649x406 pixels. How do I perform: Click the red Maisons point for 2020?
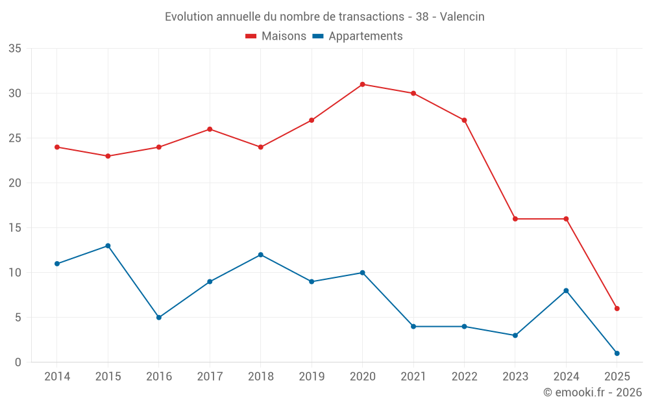click(x=362, y=84)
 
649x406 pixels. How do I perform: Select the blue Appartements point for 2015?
click(x=108, y=246)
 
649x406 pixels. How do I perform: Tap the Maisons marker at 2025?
click(x=617, y=309)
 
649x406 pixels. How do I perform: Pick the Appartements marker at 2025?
click(x=617, y=353)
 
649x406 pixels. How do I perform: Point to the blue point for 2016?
click(x=158, y=318)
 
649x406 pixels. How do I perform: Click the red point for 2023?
click(x=515, y=219)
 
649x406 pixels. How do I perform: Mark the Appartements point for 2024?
click(x=566, y=290)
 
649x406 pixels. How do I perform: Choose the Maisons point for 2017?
click(x=210, y=129)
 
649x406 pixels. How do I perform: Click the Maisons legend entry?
click(x=276, y=36)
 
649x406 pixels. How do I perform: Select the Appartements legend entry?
click(x=358, y=36)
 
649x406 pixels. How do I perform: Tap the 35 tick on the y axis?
click(x=15, y=49)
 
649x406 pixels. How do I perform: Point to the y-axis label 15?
click(x=15, y=228)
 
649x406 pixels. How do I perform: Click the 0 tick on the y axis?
click(x=18, y=362)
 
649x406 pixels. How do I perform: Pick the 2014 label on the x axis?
click(x=57, y=377)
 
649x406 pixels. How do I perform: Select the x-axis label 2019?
click(x=312, y=377)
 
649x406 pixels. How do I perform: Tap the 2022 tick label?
click(x=464, y=377)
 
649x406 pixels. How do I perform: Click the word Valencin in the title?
click(x=462, y=17)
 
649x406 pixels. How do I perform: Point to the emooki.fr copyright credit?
click(x=592, y=392)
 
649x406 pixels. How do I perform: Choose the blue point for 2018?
click(x=260, y=255)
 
